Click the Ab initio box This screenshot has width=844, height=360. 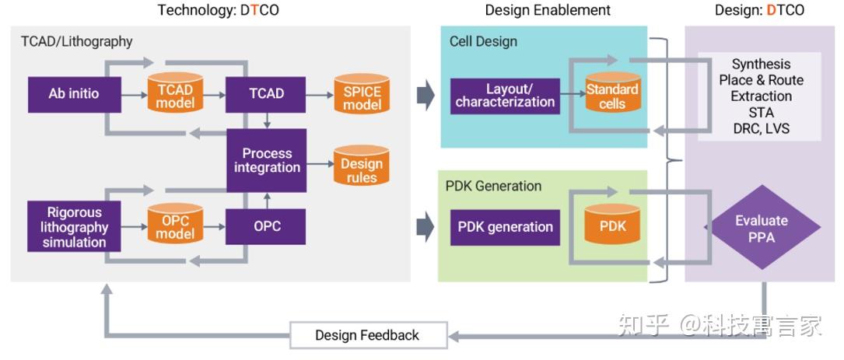(74, 94)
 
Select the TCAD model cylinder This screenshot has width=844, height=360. (175, 94)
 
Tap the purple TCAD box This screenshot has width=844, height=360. (266, 94)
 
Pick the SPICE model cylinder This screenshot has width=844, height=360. (361, 94)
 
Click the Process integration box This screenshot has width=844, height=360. (266, 160)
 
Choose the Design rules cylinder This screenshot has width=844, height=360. (361, 165)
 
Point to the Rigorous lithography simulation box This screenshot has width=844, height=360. (74, 226)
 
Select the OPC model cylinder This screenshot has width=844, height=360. (175, 226)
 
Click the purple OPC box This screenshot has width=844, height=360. (266, 227)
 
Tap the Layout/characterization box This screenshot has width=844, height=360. (505, 96)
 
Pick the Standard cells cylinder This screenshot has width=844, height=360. (612, 96)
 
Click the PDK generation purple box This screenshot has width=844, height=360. (505, 227)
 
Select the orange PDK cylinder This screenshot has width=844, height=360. (612, 226)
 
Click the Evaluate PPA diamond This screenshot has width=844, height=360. (761, 229)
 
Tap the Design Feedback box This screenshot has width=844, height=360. (367, 336)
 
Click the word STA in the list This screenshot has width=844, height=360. (761, 113)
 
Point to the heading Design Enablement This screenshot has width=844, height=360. (548, 10)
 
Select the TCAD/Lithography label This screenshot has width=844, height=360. (76, 41)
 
